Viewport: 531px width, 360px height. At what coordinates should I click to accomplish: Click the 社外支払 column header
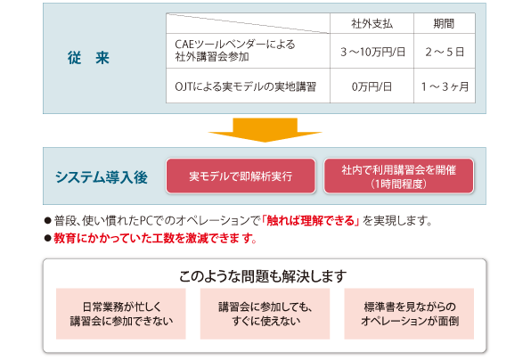(372, 24)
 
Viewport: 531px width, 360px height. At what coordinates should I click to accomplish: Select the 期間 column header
(444, 24)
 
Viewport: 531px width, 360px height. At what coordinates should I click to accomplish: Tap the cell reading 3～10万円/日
(372, 52)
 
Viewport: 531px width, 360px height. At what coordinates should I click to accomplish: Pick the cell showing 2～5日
(445, 52)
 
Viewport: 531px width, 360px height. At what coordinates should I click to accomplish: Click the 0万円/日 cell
(372, 86)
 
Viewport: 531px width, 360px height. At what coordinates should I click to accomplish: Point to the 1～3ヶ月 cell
(445, 86)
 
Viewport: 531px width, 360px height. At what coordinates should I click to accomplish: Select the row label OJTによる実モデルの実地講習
(245, 86)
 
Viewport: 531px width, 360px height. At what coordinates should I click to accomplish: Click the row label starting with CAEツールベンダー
(234, 50)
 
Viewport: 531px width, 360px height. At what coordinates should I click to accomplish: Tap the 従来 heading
(88, 58)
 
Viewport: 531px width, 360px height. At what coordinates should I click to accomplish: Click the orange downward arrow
(265, 130)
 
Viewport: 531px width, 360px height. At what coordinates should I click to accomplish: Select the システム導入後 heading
(102, 176)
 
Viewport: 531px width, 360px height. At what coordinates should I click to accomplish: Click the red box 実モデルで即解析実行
(241, 176)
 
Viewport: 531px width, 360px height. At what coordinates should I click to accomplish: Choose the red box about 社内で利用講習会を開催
(398, 176)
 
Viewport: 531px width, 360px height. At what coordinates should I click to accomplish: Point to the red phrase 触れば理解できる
(311, 221)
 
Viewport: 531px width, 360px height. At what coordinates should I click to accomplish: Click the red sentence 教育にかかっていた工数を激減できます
(155, 238)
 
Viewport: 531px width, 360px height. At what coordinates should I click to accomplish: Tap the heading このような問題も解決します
(263, 276)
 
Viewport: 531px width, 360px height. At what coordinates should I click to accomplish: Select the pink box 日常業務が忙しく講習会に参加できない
(121, 314)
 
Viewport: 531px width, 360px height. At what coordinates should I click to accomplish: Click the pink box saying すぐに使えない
(265, 314)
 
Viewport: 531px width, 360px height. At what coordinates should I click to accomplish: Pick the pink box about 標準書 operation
(409, 314)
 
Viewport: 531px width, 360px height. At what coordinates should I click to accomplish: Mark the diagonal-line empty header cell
(248, 23)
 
